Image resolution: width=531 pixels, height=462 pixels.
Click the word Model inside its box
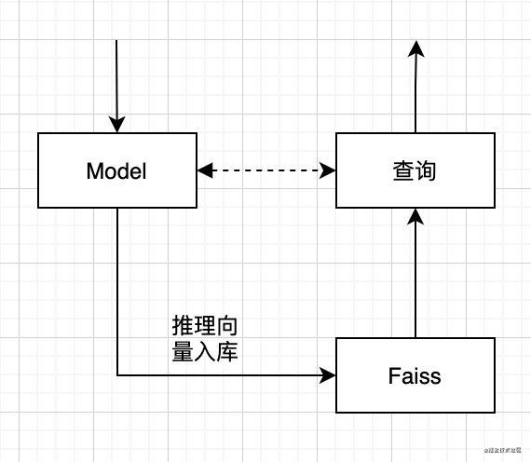[x=116, y=171]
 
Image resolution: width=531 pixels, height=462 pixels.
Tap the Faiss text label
[x=415, y=376]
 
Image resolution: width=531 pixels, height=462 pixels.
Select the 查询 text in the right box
[x=415, y=171]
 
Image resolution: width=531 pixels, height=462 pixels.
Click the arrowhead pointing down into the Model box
[x=116, y=124]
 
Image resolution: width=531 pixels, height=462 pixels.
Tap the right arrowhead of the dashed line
[x=328, y=170]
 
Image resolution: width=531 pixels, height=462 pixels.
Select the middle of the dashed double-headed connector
[x=266, y=170]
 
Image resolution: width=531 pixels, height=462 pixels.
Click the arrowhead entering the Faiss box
[x=328, y=375]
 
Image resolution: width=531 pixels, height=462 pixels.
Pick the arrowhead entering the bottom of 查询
[x=415, y=217]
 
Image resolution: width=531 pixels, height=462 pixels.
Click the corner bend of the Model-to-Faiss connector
[x=117, y=375]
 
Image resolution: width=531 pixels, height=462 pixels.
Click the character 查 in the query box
[x=402, y=171]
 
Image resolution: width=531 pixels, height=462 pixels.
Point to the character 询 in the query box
[x=427, y=171]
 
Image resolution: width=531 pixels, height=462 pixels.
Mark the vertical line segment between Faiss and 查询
[x=415, y=279]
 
